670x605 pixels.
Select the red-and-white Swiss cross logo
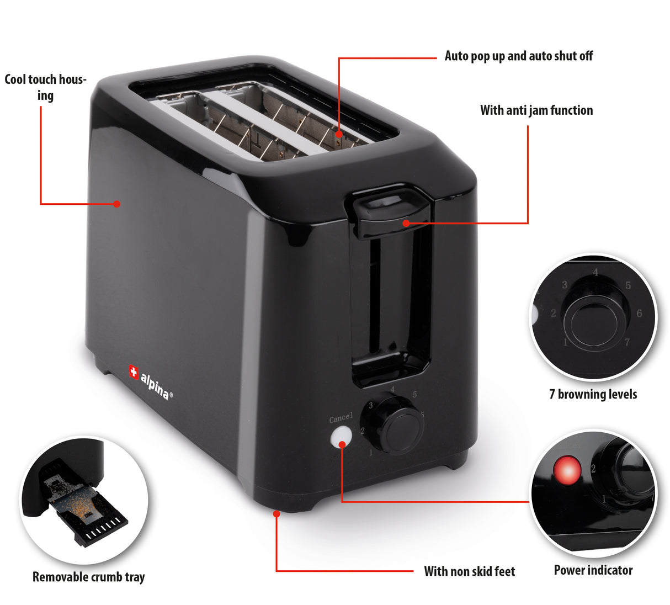point(134,372)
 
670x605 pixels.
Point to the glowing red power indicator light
point(567,471)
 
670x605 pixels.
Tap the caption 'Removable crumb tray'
point(88,577)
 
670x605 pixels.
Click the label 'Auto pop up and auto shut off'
point(519,56)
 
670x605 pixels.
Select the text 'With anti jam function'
point(536,110)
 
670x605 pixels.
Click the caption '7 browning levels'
point(593,394)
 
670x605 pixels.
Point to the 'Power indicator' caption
point(593,570)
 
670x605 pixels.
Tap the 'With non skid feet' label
point(470,571)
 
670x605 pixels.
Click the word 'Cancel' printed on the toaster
point(341,418)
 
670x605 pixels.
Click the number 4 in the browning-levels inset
point(595,272)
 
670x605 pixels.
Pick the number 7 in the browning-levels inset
point(628,342)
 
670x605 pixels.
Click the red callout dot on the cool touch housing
point(116,204)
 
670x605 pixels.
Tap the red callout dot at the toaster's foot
point(276,513)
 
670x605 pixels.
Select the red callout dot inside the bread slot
point(339,134)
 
